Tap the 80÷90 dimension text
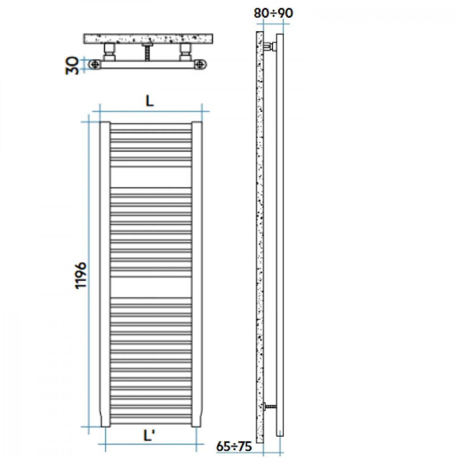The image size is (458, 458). (273, 13)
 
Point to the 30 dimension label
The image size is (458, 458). (72, 65)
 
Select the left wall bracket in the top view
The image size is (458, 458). (109, 52)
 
